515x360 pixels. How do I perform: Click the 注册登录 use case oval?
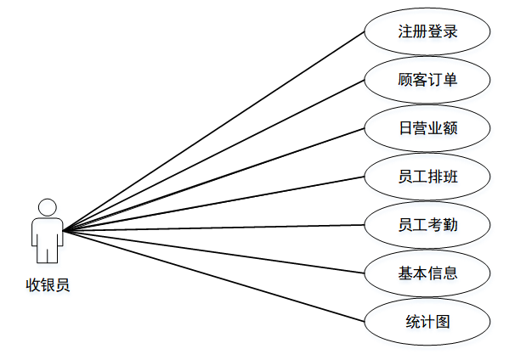[427, 32]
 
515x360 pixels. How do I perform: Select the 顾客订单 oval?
[427, 81]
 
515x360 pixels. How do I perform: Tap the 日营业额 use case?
[427, 129]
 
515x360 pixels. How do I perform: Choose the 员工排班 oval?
[427, 177]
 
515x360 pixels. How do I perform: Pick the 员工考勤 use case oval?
[427, 225]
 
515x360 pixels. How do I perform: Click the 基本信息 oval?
[427, 273]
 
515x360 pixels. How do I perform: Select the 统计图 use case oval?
[427, 322]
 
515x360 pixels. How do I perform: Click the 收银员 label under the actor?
[48, 285]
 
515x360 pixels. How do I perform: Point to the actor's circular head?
[48, 207]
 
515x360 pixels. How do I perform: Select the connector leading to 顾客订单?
[212, 156]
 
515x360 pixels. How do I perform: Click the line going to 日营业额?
[212, 180]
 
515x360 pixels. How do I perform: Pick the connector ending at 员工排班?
[212, 204]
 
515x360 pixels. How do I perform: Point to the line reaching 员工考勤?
[212, 228]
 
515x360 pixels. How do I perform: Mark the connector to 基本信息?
[212, 251]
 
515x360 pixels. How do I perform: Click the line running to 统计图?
[212, 275]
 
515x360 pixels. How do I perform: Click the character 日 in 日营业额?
[405, 129]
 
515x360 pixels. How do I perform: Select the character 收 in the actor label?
[33, 285]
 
